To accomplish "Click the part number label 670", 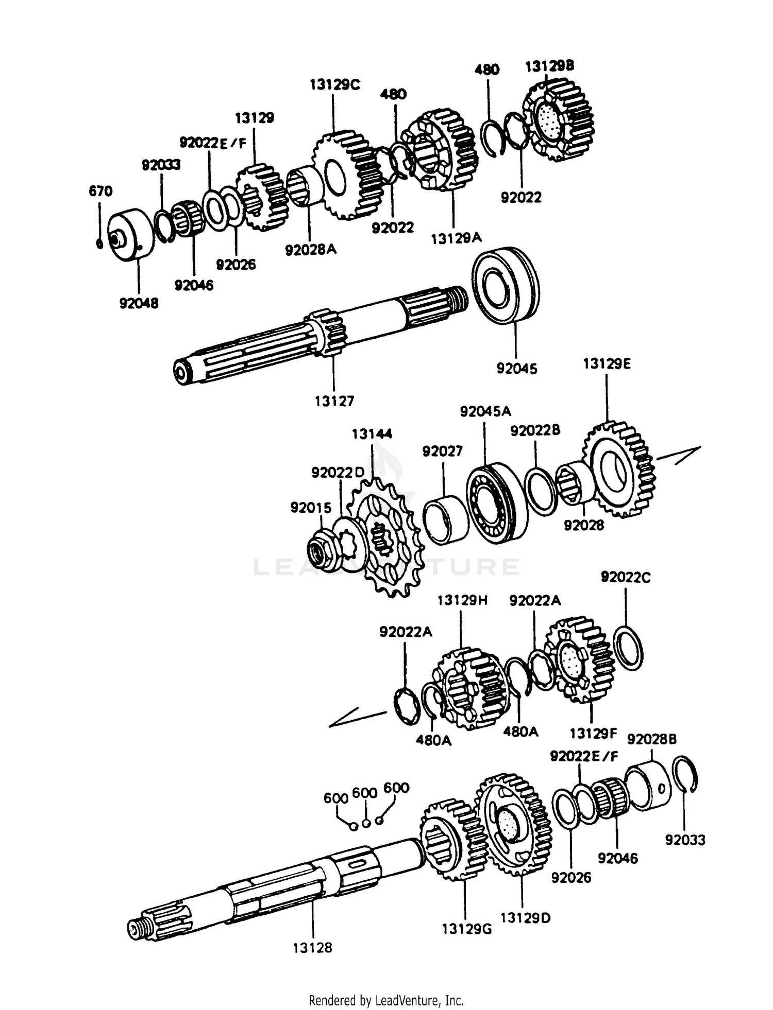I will [100, 191].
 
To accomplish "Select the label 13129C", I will [334, 85].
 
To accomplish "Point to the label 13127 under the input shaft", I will [334, 401].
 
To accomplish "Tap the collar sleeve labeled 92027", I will [444, 520].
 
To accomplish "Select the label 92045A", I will [485, 411].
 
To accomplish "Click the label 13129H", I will [462, 601].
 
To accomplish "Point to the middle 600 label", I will [365, 793].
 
